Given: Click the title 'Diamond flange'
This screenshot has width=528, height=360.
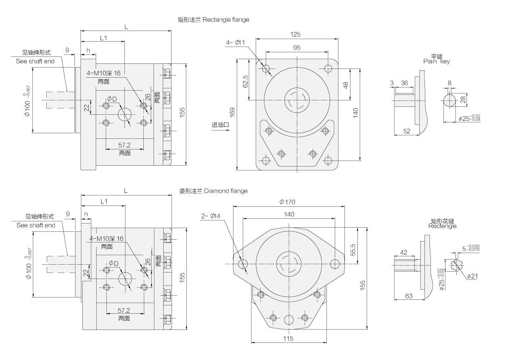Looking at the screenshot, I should (226, 191).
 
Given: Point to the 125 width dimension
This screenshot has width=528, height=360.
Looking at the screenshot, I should (296, 34).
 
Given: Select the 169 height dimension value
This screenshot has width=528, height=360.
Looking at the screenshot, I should (232, 112).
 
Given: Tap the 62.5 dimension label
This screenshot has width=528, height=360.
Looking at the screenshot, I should (246, 81).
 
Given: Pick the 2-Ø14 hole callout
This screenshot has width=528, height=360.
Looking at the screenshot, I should (211, 216).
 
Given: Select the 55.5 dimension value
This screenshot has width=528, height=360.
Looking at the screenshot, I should (352, 250).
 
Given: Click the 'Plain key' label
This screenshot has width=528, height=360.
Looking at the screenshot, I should (436, 61).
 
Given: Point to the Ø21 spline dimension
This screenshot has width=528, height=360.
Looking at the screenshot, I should (472, 276).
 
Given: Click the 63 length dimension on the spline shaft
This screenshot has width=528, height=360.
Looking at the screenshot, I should (409, 296).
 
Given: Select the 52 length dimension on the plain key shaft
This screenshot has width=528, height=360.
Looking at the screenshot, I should (406, 131).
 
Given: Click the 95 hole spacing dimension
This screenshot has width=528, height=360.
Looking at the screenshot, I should (296, 48).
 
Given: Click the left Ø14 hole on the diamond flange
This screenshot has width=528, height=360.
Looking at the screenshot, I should (243, 264).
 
